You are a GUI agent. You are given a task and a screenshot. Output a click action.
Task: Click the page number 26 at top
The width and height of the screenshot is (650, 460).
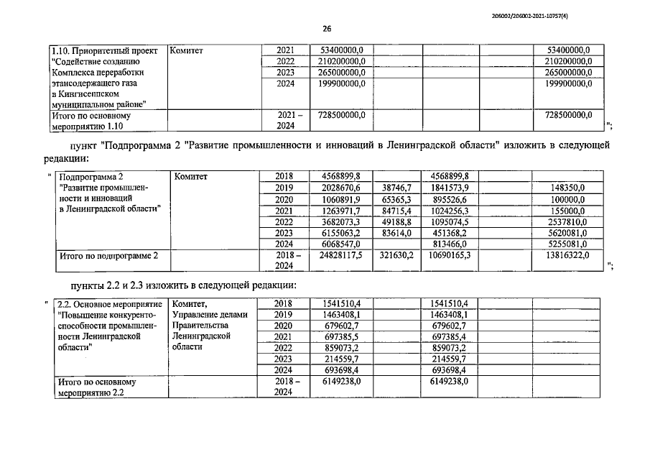[x=326, y=29]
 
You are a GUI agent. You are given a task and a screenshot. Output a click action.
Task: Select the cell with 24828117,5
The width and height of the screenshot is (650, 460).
[x=340, y=255]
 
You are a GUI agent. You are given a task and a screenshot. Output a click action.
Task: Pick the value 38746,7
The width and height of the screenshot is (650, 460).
[x=396, y=187]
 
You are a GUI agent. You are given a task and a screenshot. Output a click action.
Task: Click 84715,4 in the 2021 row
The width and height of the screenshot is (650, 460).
[x=396, y=210]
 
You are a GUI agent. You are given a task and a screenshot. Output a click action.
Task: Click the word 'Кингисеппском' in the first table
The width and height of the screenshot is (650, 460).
[x=83, y=94]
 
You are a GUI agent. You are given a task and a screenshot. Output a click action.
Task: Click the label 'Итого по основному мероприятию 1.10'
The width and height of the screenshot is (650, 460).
[x=92, y=121]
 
